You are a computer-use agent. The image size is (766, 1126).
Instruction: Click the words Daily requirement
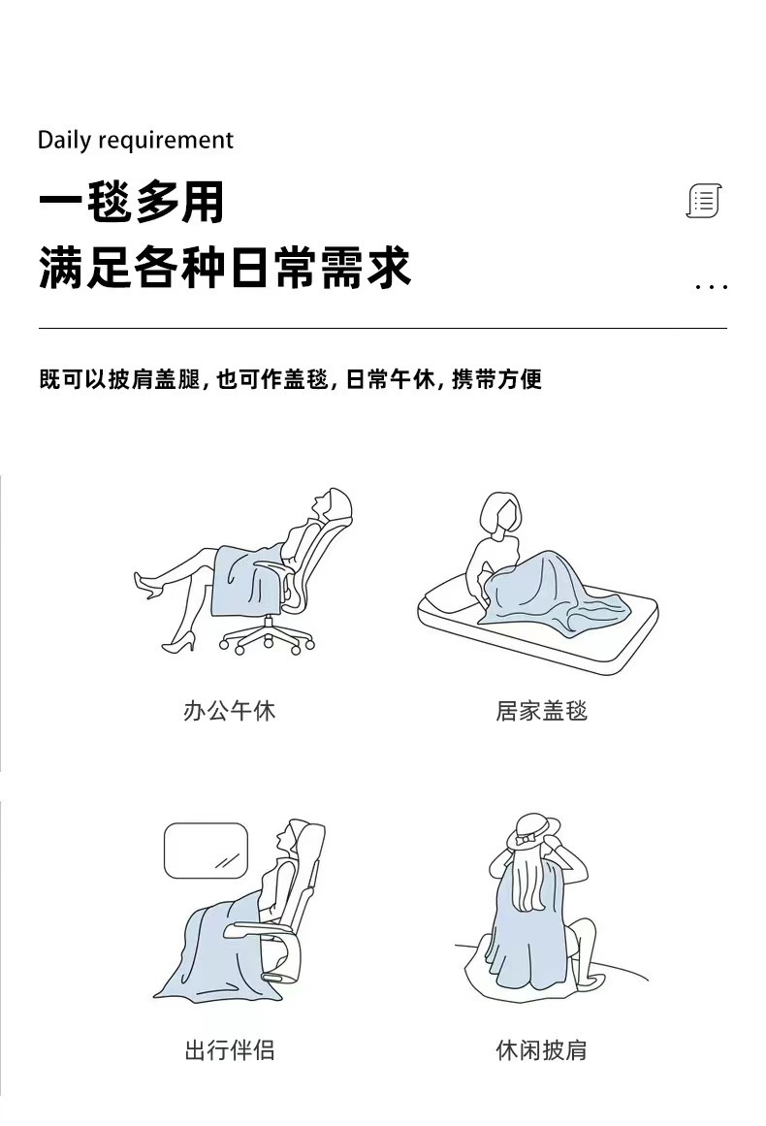pos(135,141)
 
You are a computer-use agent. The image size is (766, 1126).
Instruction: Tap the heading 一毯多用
pos(132,203)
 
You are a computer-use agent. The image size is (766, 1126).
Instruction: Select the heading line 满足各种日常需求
pos(225,268)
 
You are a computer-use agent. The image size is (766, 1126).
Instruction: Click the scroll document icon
pos(705,202)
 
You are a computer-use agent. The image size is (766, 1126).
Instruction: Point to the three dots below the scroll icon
pos(712,287)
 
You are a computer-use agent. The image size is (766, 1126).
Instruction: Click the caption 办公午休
pos(230,711)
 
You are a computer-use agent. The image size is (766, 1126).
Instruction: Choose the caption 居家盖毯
pos(541,711)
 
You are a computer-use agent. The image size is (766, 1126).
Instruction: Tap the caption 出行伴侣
pos(230,1049)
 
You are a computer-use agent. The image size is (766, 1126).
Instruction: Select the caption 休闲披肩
pos(541,1049)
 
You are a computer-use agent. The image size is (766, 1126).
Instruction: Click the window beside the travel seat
pos(206,851)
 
